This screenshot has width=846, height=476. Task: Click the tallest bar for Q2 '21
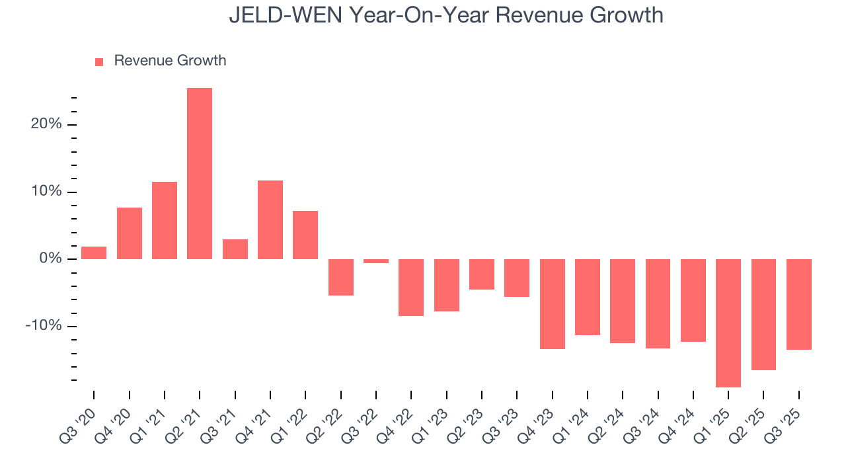coord(200,173)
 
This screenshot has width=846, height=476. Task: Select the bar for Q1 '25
coord(728,323)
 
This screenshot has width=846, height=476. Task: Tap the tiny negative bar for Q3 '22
coord(376,261)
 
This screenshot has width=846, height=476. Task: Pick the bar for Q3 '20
coord(94,253)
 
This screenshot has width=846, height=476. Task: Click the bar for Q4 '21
coord(270,219)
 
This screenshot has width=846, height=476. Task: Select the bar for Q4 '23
coord(552,303)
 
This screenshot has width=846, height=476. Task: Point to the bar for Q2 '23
coord(482,274)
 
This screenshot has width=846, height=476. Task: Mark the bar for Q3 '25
coord(798,304)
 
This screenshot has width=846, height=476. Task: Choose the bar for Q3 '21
coord(235,249)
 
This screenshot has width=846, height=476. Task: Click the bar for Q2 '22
coord(341,277)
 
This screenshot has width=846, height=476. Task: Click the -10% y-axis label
coord(44,326)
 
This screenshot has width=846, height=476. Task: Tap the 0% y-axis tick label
coord(50,258)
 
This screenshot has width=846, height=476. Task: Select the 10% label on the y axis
coord(46,192)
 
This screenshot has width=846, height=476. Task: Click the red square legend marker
coord(99,61)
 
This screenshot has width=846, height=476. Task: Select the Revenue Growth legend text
coord(170,61)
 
